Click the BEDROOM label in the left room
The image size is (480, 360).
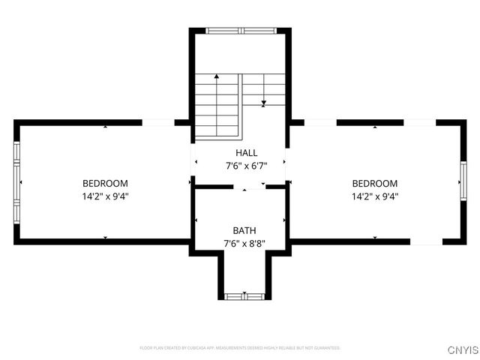105,183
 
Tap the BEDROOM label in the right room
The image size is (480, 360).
375,183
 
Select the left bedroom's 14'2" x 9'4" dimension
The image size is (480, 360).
105,196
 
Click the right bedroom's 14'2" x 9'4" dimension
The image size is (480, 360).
375,196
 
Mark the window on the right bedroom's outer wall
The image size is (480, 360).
463,183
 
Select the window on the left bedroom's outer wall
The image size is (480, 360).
16,182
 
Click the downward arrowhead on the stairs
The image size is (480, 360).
264,103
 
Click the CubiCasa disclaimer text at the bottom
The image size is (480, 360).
240,348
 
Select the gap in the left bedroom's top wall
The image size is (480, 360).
158,121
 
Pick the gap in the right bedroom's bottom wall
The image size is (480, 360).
426,241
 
